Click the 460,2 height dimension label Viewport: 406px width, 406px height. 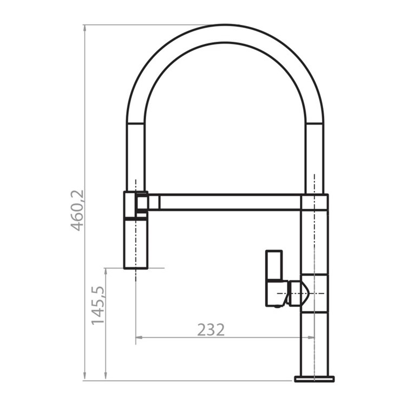pyautogui.click(x=77, y=210)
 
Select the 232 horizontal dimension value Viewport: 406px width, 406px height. pyautogui.click(x=211, y=330)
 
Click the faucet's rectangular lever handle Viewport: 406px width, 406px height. pyautogui.click(x=274, y=278)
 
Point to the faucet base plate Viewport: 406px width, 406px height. pyautogui.click(x=314, y=378)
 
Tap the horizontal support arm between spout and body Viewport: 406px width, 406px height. pyautogui.click(x=230, y=202)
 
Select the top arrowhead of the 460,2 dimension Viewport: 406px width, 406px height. pyautogui.click(x=84, y=29)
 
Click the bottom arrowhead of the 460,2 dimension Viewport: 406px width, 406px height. pyautogui.click(x=84, y=376)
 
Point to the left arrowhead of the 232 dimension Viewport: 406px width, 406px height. pyautogui.click(x=139, y=337)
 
